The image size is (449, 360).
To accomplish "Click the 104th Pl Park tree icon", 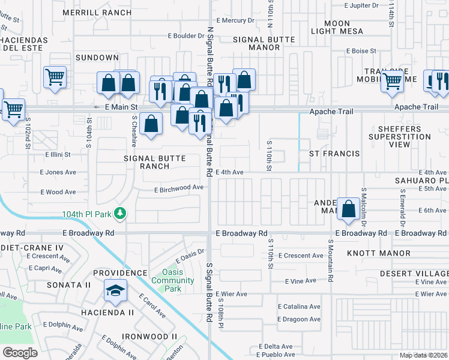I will click(x=120, y=213).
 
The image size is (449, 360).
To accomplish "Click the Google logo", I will click(x=20, y=352).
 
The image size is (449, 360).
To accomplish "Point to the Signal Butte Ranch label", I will click(x=154, y=162).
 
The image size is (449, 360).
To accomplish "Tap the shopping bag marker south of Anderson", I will click(x=348, y=209).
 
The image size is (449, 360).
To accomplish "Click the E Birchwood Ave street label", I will click(x=179, y=188).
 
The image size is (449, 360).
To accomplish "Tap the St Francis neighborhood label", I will click(x=334, y=154).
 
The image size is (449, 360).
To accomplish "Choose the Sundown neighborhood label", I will click(x=97, y=58).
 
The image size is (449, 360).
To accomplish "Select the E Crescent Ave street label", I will click(x=301, y=256).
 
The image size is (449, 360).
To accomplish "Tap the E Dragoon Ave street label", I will click(x=299, y=320).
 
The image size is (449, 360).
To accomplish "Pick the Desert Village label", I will click(x=414, y=273).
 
